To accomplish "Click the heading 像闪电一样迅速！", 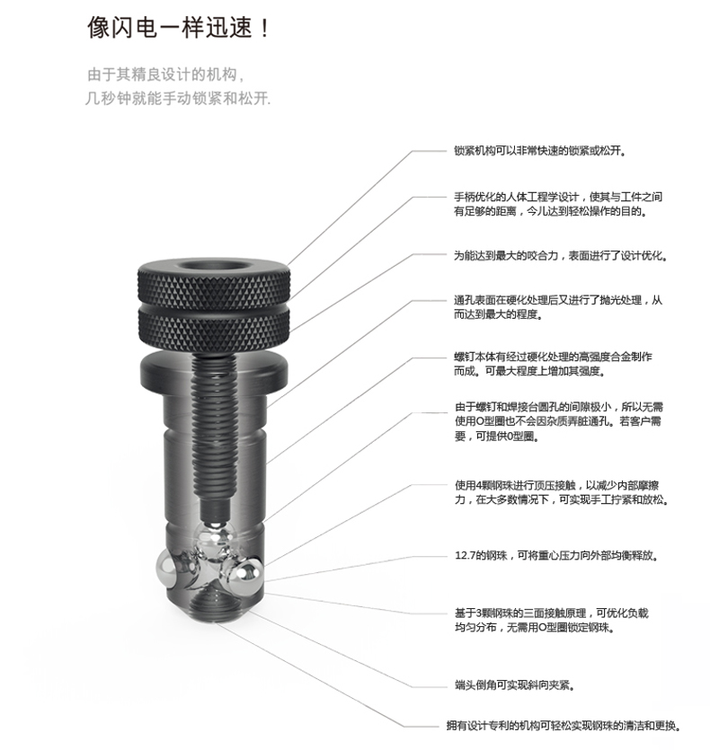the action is click(179, 27).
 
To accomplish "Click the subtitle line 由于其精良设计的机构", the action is click(165, 75).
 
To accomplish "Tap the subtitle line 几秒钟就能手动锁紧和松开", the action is click(178, 98).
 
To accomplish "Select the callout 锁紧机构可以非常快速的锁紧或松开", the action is click(540, 151).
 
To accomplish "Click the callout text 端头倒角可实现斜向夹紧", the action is click(515, 685).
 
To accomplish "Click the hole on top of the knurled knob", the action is click(214, 265).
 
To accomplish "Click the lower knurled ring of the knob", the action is click(214, 329).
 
